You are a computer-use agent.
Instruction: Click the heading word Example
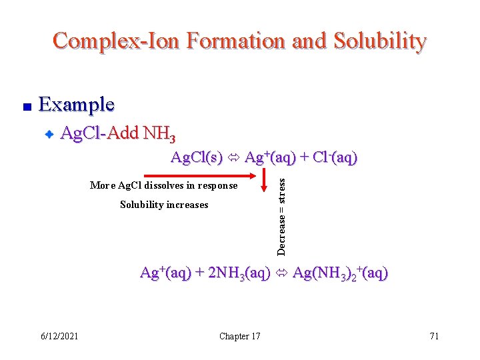77,105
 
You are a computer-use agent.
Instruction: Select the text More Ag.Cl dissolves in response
163,185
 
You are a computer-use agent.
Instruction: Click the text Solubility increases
164,205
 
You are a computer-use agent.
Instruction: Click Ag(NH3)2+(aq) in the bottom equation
340,273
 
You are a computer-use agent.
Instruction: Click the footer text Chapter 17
240,336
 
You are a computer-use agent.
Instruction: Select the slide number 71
434,336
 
